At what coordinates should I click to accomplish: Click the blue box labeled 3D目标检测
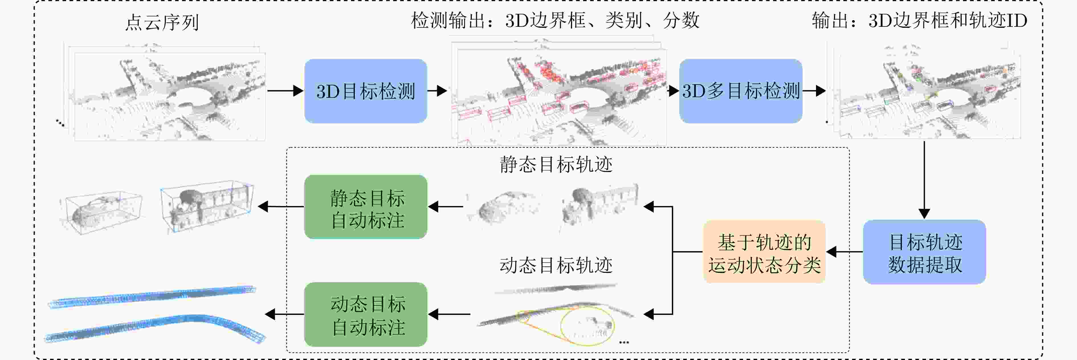click(x=365, y=91)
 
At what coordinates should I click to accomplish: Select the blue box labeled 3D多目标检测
click(x=741, y=91)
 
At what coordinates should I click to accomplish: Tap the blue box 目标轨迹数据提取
click(x=924, y=252)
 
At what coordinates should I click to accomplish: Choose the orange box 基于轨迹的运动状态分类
click(x=764, y=252)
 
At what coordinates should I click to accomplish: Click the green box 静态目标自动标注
click(x=366, y=207)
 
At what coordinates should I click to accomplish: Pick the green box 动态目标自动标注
click(x=366, y=314)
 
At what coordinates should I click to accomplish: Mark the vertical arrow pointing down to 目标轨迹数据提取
click(x=924, y=180)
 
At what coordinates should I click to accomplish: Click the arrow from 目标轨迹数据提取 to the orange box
click(x=845, y=252)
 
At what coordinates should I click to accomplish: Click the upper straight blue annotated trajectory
click(x=152, y=296)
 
